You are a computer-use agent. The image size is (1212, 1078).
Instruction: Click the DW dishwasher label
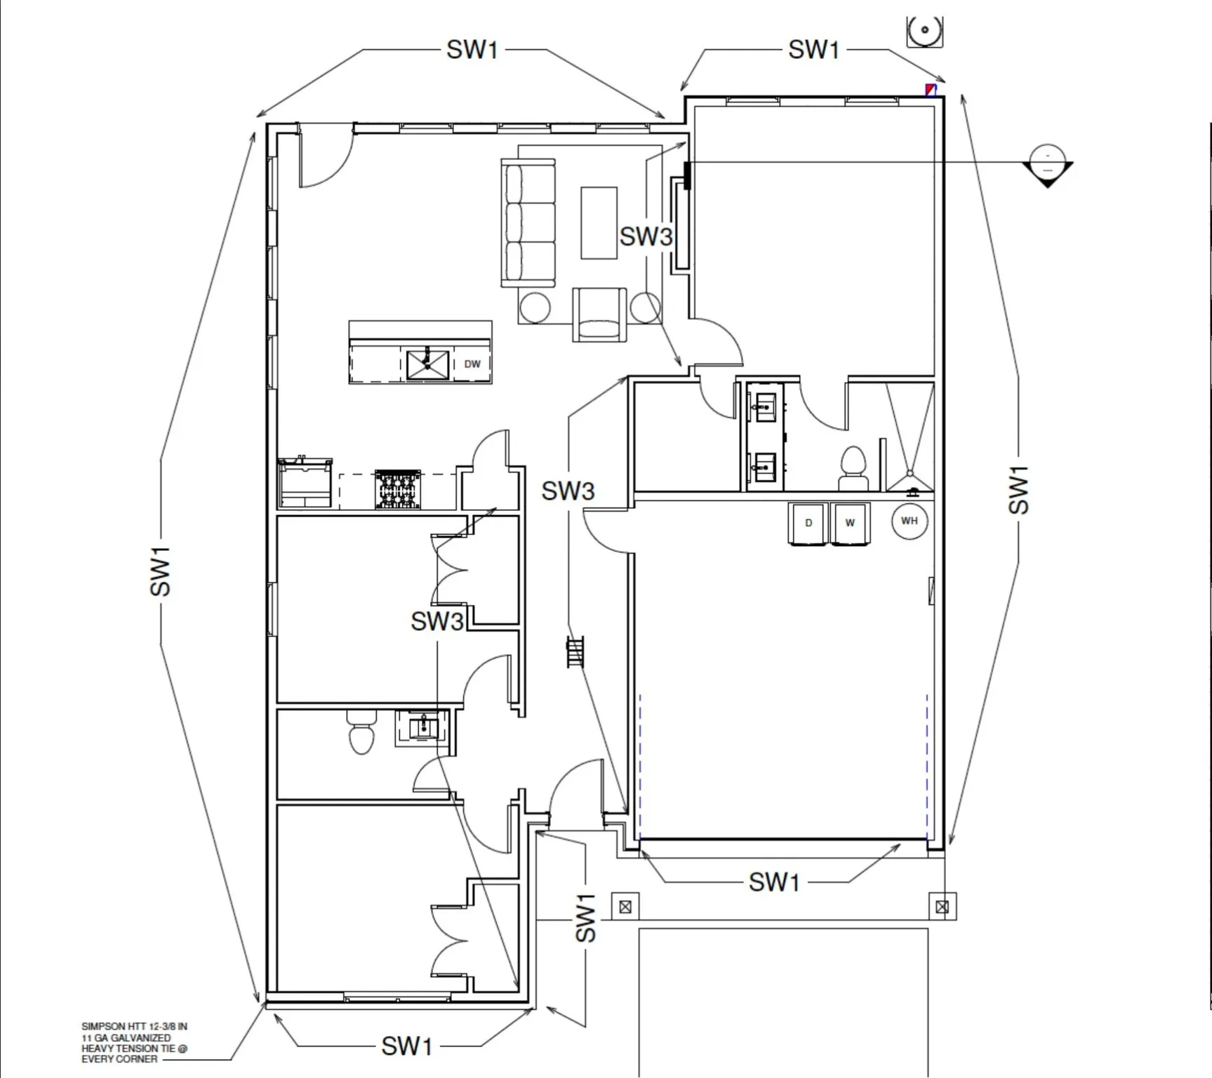pyautogui.click(x=472, y=364)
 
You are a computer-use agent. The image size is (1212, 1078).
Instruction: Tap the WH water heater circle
pyautogui.click(x=909, y=521)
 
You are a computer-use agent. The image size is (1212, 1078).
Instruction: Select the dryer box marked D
pyautogui.click(x=808, y=523)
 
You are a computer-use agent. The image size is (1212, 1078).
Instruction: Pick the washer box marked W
pyautogui.click(x=850, y=523)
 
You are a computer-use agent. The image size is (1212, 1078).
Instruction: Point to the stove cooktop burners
pyautogui.click(x=397, y=489)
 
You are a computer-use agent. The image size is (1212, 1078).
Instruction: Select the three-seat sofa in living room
pyautogui.click(x=528, y=222)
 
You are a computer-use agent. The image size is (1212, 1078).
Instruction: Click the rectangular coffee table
pyautogui.click(x=599, y=222)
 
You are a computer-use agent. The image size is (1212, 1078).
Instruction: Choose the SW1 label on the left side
pyautogui.click(x=161, y=571)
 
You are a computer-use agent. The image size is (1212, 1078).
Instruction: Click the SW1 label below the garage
pyautogui.click(x=774, y=882)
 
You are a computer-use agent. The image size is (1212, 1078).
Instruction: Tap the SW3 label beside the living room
pyautogui.click(x=646, y=237)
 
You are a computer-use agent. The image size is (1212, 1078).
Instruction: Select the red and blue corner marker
pyautogui.click(x=931, y=89)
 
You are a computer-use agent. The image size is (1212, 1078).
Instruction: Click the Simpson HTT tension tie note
pyautogui.click(x=133, y=1042)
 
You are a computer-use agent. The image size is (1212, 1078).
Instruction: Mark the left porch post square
pyautogui.click(x=625, y=907)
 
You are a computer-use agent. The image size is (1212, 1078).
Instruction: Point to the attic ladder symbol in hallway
pyautogui.click(x=575, y=652)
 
